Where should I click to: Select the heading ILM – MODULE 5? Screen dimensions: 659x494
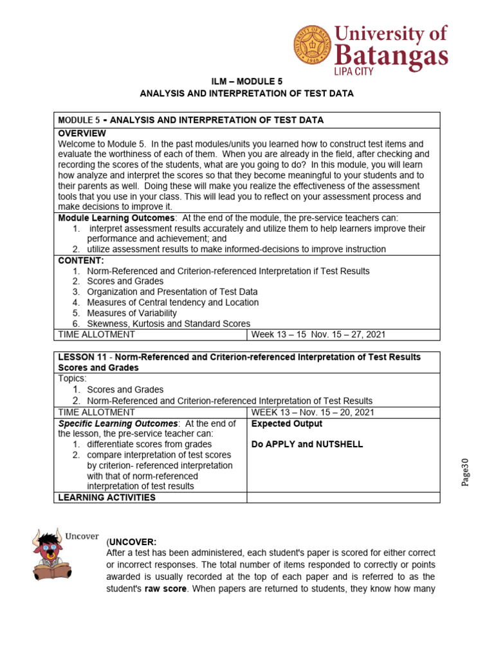click(247, 81)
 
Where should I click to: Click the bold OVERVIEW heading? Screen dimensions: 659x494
click(82, 133)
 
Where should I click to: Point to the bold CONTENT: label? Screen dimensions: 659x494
click(81, 260)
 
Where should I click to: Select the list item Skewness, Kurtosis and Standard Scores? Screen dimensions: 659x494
click(169, 324)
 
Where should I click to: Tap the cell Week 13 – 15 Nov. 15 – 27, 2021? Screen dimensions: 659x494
click(318, 335)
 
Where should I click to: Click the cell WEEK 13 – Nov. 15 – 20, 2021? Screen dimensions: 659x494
click(313, 412)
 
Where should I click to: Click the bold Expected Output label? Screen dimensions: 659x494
click(287, 423)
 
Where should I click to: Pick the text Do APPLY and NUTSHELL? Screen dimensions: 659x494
click(307, 444)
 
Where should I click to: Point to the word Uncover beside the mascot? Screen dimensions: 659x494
click(81, 535)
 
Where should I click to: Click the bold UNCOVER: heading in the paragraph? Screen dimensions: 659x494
click(133, 542)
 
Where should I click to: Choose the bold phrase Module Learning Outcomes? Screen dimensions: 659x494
click(116, 218)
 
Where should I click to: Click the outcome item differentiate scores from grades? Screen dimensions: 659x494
click(149, 445)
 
